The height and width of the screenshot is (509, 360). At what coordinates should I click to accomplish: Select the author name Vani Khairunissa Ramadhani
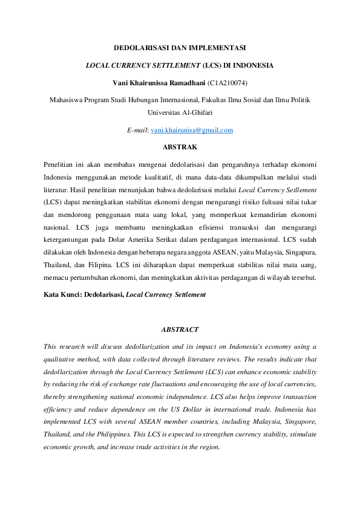click(x=159, y=82)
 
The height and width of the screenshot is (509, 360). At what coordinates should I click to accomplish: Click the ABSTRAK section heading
click(x=180, y=146)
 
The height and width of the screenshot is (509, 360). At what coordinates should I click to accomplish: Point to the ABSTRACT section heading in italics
click(x=180, y=329)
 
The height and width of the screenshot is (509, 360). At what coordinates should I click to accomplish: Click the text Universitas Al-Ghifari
click(x=180, y=112)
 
